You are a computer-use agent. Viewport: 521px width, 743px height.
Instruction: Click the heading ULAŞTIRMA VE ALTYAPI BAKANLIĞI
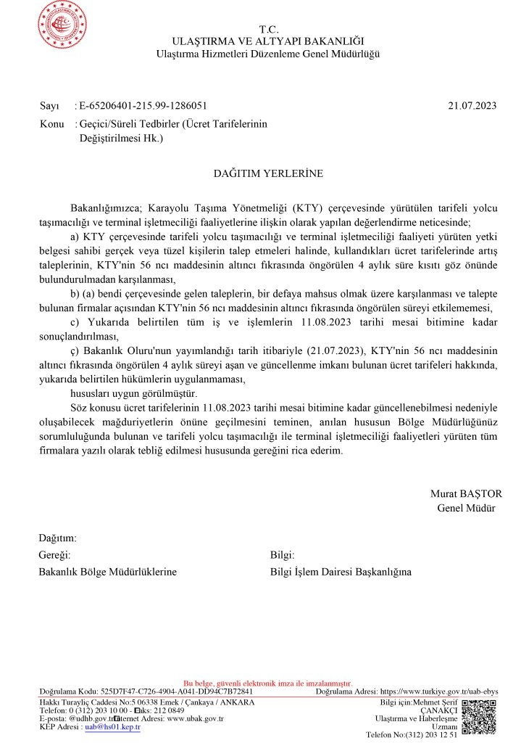pyautogui.click(x=268, y=41)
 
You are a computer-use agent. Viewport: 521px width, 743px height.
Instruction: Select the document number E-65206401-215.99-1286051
pyautogui.click(x=148, y=106)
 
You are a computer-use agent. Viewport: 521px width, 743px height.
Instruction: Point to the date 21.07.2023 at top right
pyautogui.click(x=472, y=106)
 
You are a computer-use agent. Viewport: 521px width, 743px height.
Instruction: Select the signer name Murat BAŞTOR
pyautogui.click(x=466, y=493)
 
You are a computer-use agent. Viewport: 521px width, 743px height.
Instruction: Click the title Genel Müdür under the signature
pyautogui.click(x=466, y=507)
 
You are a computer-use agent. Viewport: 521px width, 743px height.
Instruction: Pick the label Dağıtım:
pyautogui.click(x=57, y=538)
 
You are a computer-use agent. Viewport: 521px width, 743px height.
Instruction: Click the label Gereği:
pyautogui.click(x=54, y=555)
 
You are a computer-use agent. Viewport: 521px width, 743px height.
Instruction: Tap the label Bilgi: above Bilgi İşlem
pyautogui.click(x=283, y=555)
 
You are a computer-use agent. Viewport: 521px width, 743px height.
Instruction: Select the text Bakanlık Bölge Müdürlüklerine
pyautogui.click(x=107, y=572)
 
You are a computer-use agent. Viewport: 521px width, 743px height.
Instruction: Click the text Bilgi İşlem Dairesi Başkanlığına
pyautogui.click(x=341, y=572)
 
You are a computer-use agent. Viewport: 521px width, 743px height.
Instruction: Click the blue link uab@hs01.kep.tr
pyautogui.click(x=112, y=726)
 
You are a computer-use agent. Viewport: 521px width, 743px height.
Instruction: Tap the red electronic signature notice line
pyautogui.click(x=268, y=684)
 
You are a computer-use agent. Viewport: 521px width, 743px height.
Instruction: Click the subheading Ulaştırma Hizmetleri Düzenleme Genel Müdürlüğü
pyautogui.click(x=268, y=54)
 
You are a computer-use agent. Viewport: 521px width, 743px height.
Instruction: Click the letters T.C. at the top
pyautogui.click(x=268, y=29)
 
